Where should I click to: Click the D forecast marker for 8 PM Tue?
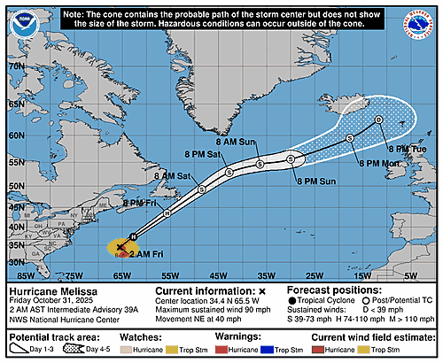[378, 120]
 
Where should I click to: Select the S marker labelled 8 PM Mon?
[350, 138]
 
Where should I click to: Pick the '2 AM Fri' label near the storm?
[145, 254]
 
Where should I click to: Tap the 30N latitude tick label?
[14, 262]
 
